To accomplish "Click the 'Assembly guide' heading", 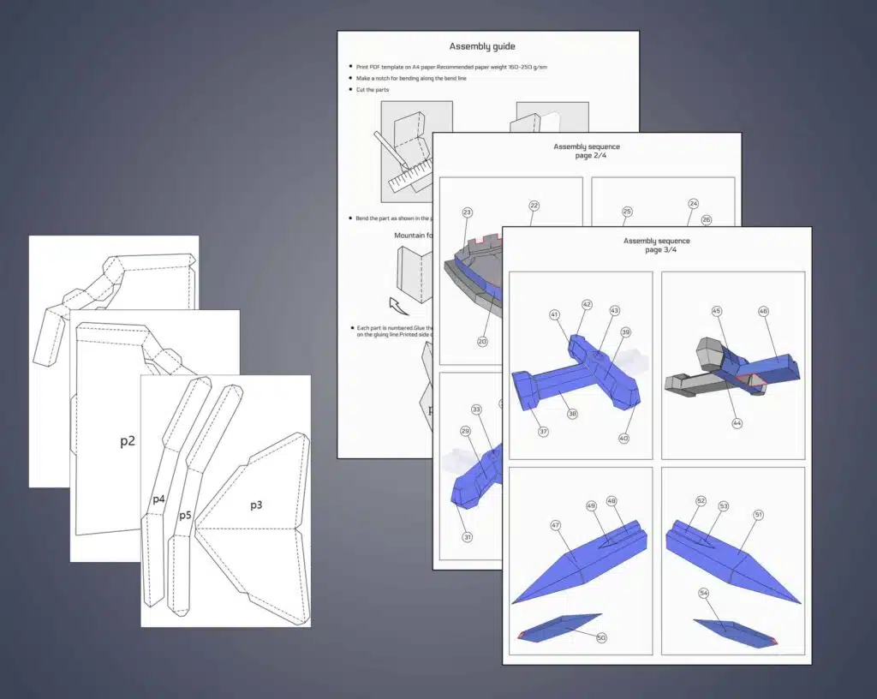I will [x=482, y=46].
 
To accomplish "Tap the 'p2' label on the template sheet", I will [x=128, y=441].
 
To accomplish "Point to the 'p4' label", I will [x=159, y=499].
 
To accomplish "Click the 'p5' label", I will [x=185, y=515].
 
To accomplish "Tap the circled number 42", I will [x=587, y=304].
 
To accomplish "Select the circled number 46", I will [x=763, y=312].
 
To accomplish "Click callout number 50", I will [x=600, y=637].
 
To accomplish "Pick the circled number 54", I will [x=704, y=593].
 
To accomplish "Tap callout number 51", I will [x=759, y=515].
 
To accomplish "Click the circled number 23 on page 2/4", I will [x=467, y=212].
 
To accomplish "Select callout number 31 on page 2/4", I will [x=468, y=537].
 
